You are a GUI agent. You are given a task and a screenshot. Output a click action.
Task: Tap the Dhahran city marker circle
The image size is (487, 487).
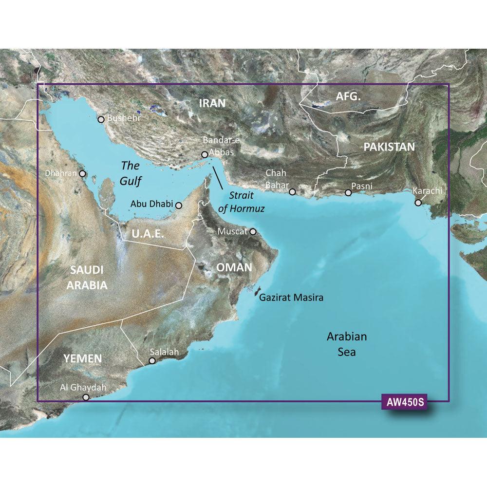click(x=83, y=173)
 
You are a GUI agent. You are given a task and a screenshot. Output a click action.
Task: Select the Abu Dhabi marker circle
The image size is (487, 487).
click(x=179, y=206)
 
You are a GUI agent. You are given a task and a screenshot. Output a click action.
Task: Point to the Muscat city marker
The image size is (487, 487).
click(x=253, y=232)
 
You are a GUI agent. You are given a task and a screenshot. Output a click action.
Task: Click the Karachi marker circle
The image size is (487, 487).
click(x=418, y=202)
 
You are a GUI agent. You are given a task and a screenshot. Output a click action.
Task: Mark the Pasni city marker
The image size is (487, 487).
click(x=348, y=193)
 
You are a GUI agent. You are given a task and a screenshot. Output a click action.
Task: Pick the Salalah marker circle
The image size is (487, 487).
click(x=152, y=361)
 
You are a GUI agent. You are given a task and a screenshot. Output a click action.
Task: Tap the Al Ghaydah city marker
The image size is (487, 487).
click(x=86, y=397)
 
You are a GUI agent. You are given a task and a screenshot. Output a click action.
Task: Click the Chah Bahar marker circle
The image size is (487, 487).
click(x=292, y=192)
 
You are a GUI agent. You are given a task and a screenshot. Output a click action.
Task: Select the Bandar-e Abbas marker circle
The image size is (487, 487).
click(x=205, y=155)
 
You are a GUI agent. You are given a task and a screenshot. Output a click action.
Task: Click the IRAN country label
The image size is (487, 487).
click(x=212, y=103)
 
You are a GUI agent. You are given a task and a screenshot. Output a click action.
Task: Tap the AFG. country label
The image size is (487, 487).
click(x=349, y=97)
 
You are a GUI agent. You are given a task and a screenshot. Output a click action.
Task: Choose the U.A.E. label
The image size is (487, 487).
click(x=148, y=234)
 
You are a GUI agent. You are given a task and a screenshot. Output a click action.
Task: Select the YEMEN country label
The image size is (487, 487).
click(x=82, y=359)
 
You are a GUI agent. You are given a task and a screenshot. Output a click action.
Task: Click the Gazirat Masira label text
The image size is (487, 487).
click(x=291, y=297)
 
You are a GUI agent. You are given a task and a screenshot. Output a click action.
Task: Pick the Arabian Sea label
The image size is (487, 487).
click(x=346, y=344)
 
